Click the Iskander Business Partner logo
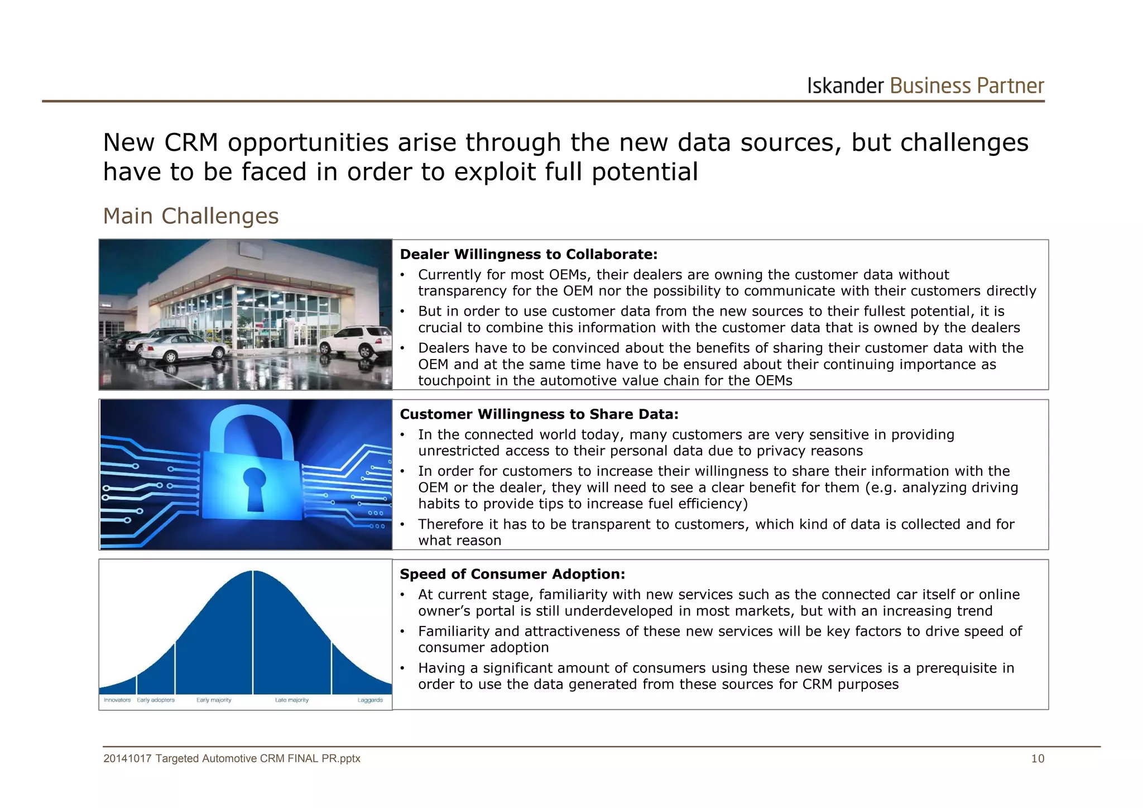pyautogui.click(x=925, y=86)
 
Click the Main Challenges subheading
pyautogui.click(x=190, y=216)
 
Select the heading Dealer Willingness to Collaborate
pyautogui.click(x=529, y=255)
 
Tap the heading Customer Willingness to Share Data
pyautogui.click(x=539, y=414)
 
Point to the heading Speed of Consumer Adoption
pyautogui.click(x=512, y=574)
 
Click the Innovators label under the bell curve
pyautogui.click(x=117, y=700)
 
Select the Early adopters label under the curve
pyautogui.click(x=156, y=700)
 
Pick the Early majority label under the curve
pyautogui.click(x=214, y=700)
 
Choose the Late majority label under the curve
pyautogui.click(x=292, y=700)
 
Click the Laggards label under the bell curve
pyautogui.click(x=370, y=700)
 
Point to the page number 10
pyautogui.click(x=1038, y=758)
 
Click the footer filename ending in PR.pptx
pyautogui.click(x=232, y=758)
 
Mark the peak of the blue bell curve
pyautogui.click(x=253, y=572)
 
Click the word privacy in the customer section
pyautogui.click(x=780, y=451)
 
